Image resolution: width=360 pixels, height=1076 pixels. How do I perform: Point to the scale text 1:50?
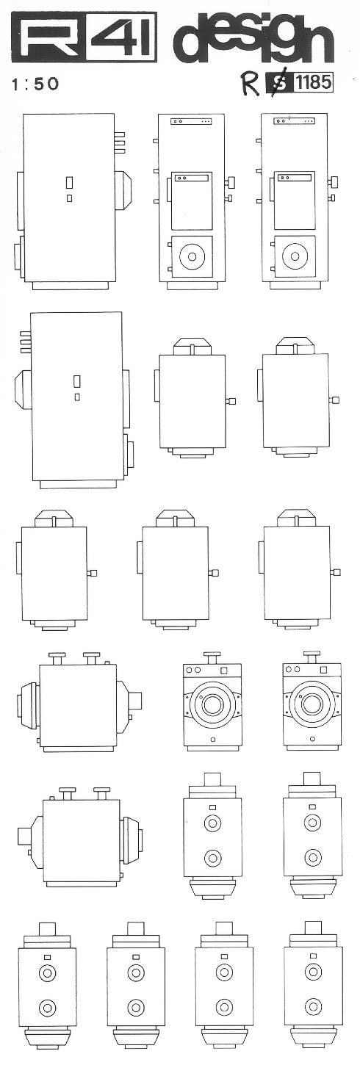click(x=35, y=84)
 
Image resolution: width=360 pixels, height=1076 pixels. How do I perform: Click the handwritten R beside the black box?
click(x=251, y=84)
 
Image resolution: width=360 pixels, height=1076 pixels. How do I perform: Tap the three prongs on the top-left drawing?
click(x=120, y=143)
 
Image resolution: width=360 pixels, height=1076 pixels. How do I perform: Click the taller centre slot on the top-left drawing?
click(x=69, y=184)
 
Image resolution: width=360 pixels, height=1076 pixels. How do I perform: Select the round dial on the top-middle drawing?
click(x=192, y=256)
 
